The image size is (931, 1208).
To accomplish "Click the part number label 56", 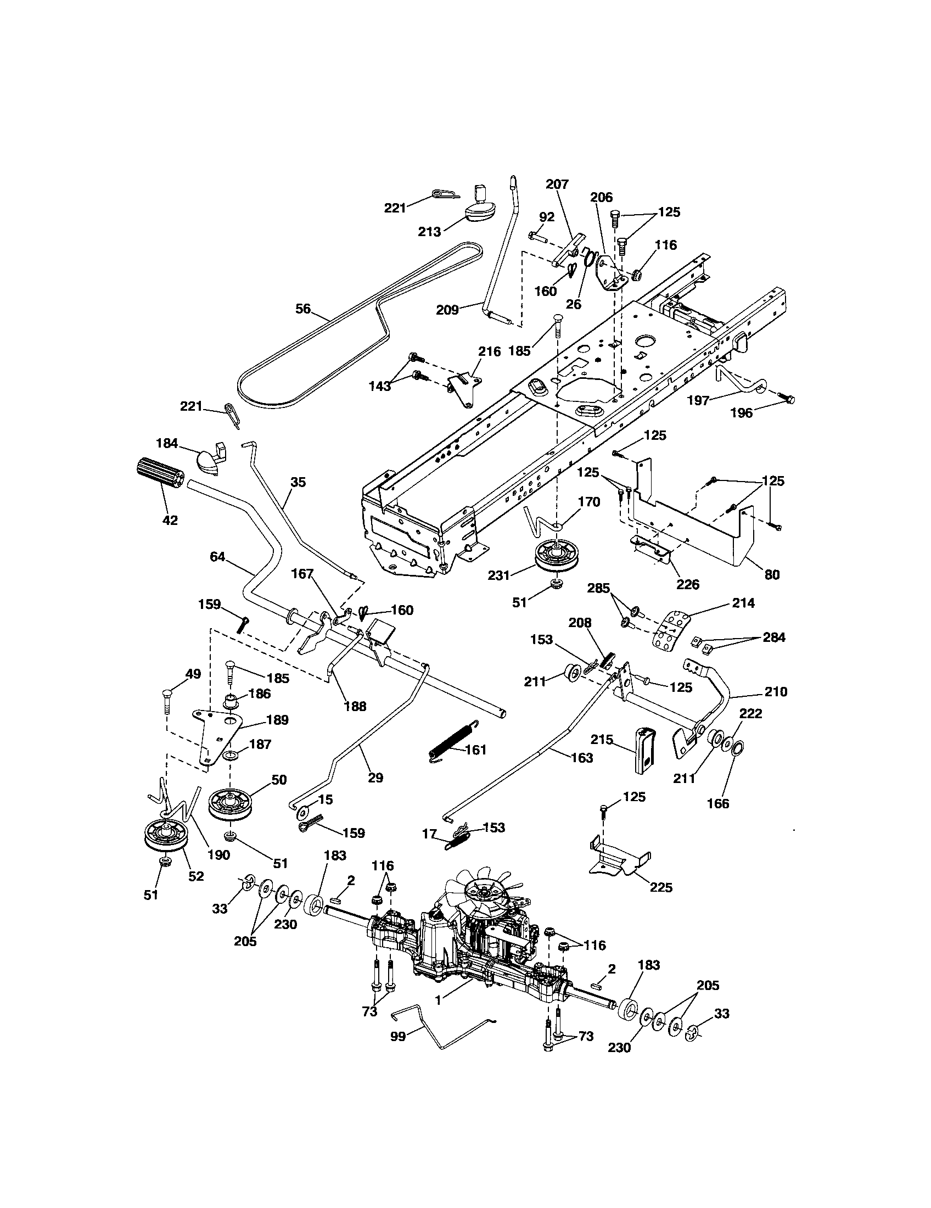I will pyautogui.click(x=303, y=309).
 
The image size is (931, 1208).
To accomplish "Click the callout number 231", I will pyautogui.click(x=498, y=575).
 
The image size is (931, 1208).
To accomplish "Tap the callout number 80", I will pyautogui.click(x=771, y=575).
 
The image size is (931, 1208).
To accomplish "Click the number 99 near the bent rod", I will pyautogui.click(x=398, y=1036).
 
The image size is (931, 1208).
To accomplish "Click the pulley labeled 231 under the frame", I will pyautogui.click(x=555, y=555).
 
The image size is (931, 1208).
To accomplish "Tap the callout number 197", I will pyautogui.click(x=698, y=400).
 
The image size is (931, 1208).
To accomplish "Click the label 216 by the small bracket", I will pyautogui.click(x=489, y=351).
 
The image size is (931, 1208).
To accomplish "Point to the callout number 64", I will pyautogui.click(x=217, y=556).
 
